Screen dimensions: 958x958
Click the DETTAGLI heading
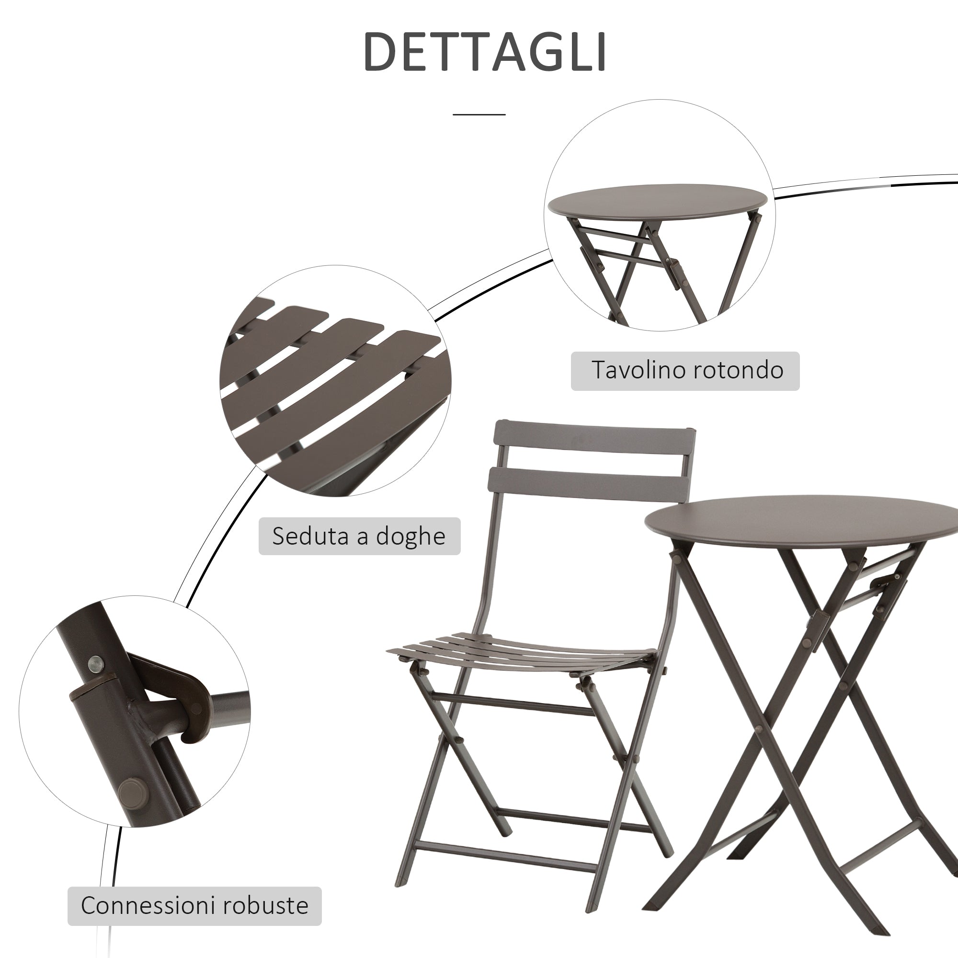485,52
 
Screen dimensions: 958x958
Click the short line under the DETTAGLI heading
479,114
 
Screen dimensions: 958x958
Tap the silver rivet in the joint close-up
95,662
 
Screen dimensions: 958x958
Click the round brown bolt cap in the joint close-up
130,789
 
